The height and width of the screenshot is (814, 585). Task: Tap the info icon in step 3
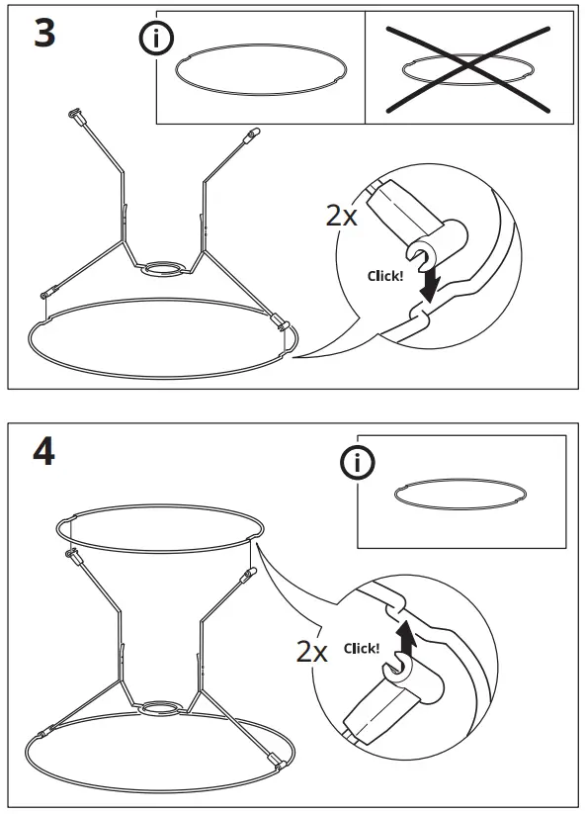(156, 39)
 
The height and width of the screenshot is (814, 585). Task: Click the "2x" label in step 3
(342, 216)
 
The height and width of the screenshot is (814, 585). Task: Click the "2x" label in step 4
(312, 650)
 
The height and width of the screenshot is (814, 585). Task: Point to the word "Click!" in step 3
(384, 276)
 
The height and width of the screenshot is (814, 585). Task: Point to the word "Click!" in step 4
(362, 649)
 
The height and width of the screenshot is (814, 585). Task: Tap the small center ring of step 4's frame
(160, 708)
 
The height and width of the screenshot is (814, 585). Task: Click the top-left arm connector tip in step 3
(75, 117)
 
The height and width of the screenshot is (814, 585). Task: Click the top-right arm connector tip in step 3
(252, 132)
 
